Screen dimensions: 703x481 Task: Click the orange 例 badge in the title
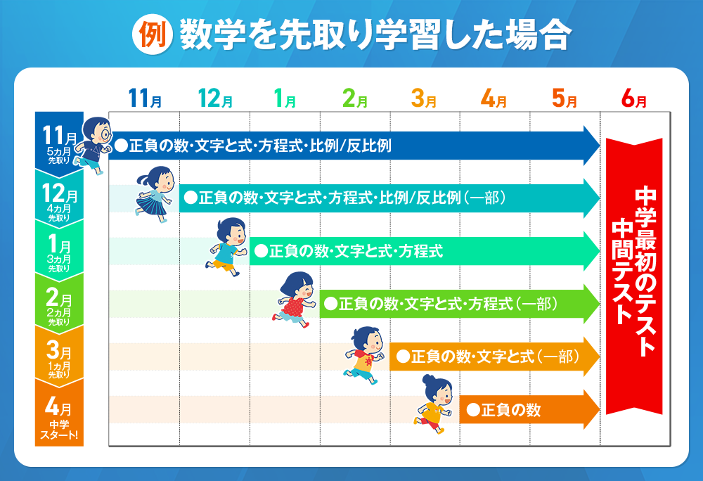[153, 34]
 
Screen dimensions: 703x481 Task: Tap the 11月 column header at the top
[145, 98]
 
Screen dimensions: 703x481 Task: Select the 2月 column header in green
[354, 98]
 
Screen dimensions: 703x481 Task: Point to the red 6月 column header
[634, 98]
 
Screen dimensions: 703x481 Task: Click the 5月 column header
[564, 98]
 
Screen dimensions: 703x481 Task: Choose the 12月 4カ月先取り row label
[59, 202]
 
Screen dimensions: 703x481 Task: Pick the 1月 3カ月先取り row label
[59, 254]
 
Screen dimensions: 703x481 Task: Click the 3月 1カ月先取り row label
[59, 360]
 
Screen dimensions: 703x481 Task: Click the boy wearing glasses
[93, 145]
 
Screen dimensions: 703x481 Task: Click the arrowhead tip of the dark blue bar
[600, 146]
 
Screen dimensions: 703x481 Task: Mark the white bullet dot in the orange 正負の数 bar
[473, 410]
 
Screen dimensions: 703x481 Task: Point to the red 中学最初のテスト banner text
[645, 271]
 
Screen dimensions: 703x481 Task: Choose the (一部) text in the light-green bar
[536, 304]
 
